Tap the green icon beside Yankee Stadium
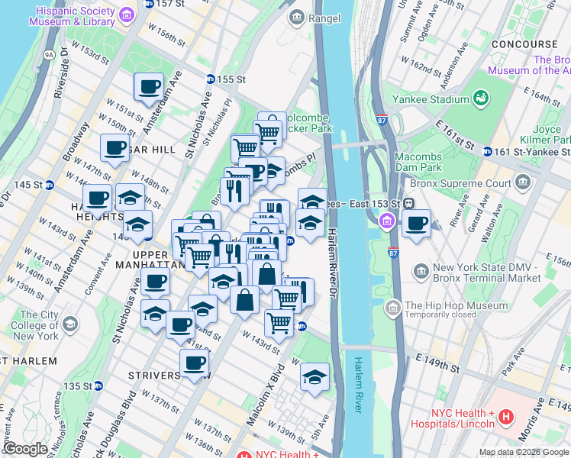coord(482,98)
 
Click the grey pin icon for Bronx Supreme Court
coord(523,182)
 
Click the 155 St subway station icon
coord(211,79)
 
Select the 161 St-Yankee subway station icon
coord(487,151)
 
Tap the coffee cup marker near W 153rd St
coord(150,87)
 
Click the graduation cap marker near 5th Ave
coord(315,377)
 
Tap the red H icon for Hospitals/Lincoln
coord(507,418)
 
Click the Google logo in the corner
coord(24,449)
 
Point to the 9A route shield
coord(50,55)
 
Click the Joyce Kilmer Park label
coord(550,135)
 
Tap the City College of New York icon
coord(70,324)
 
